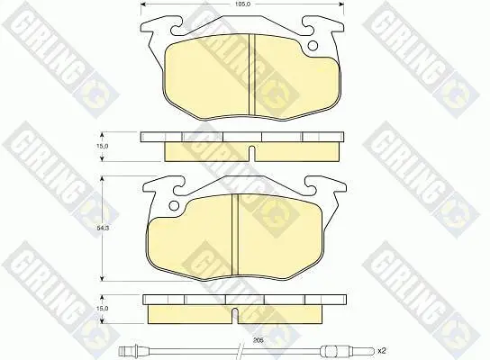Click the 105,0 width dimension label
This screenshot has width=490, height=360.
(x=242, y=4)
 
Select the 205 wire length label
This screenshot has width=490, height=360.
(x=259, y=340)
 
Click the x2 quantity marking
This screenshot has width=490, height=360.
(x=382, y=351)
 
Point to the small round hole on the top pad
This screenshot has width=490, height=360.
(x=313, y=46)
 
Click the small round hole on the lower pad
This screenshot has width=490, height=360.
(x=174, y=205)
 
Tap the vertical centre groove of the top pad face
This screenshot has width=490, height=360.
(x=252, y=74)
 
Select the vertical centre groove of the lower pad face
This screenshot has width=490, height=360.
(x=235, y=234)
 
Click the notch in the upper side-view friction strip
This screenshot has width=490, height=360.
(x=252, y=153)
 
